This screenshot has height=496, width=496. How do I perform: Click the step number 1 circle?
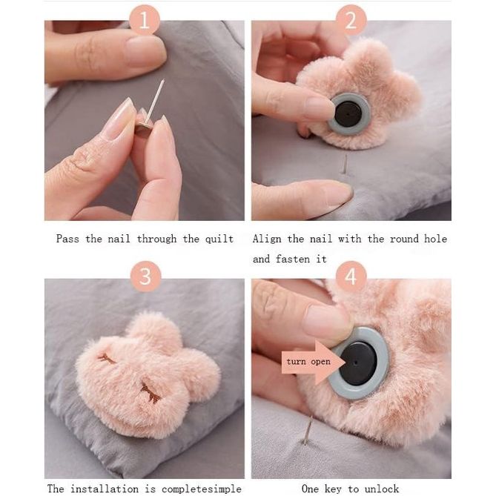pos(145,19)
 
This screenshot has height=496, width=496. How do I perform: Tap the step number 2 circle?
pos(351,19)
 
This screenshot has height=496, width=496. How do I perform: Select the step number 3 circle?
pos(145,277)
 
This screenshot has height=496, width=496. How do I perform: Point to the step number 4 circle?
pos(351,277)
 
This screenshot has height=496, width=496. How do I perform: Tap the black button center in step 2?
pos(348,114)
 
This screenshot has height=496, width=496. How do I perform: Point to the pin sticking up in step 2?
pos(345,164)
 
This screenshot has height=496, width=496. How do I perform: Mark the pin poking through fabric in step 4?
pos(308,431)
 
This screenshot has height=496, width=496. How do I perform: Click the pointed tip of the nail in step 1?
pos(164,80)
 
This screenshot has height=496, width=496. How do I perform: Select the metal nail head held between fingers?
pos(142,127)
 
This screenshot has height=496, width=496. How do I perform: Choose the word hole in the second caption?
pos(435,239)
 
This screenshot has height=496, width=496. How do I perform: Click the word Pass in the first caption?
pos(67,239)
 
